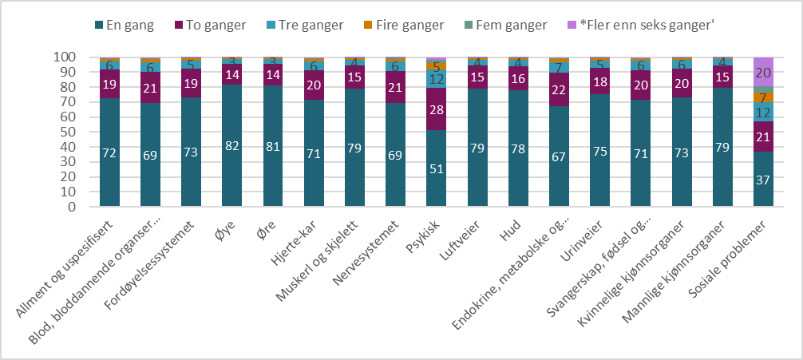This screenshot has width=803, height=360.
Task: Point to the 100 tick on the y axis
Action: coord(65,57)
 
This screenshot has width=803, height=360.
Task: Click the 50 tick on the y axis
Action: coord(68,133)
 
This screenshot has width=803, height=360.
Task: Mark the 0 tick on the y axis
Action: coord(71,208)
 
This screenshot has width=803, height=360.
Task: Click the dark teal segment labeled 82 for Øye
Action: coord(232,146)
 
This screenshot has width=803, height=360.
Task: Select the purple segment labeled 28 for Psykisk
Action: coord(437,109)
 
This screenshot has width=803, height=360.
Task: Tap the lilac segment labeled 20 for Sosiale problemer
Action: coord(765,72)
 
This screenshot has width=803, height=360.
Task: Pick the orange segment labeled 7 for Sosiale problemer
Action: coord(765,97)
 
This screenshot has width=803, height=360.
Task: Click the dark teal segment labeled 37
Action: coord(765,180)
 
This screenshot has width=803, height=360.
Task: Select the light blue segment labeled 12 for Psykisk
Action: coord(437,80)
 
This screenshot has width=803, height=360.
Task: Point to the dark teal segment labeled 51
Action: coord(437,169)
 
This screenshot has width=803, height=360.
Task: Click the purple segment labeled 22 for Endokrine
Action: coord(560,90)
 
